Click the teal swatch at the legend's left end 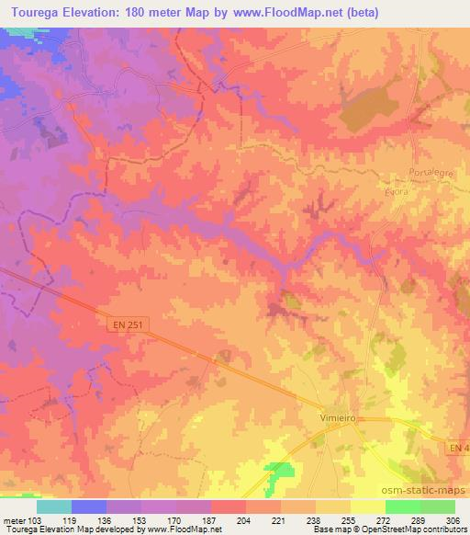(x=54, y=507)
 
